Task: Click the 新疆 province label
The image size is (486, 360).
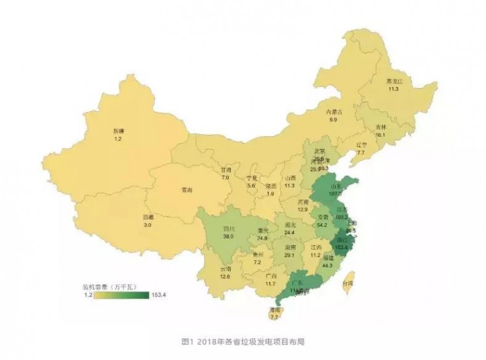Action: pos(118,130)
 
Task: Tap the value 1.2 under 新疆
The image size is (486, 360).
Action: pos(118,139)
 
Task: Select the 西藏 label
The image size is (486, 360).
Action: pos(149,217)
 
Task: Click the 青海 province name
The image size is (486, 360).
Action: pos(187,191)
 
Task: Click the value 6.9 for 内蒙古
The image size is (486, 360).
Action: pos(334,120)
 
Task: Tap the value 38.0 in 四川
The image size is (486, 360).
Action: pos(229,237)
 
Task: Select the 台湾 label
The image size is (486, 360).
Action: pos(348,284)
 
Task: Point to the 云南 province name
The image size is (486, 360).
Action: pos(226,269)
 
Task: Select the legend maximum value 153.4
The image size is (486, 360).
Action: pos(157,294)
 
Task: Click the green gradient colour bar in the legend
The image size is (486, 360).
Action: pos(122,294)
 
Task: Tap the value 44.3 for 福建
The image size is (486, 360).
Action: pos(327,265)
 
